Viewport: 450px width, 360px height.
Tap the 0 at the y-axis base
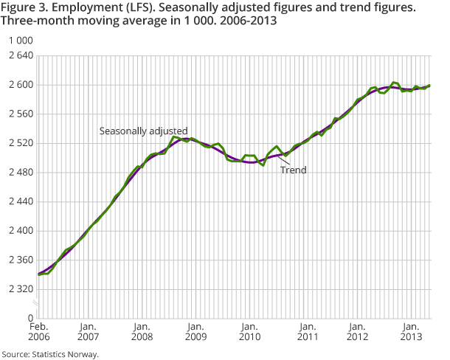click(30, 319)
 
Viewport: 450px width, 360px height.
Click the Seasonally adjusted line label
click(144, 131)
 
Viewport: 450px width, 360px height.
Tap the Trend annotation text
click(293, 170)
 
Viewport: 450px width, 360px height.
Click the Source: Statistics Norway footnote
click(49, 354)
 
